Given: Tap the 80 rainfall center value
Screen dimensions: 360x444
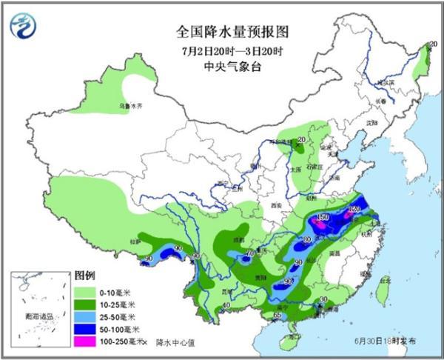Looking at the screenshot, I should click(x=307, y=240).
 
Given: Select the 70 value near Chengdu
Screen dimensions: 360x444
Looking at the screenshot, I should click(x=249, y=253).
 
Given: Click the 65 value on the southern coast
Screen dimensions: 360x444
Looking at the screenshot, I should click(x=277, y=316).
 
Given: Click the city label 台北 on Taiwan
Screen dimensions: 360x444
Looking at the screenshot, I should click(x=383, y=281).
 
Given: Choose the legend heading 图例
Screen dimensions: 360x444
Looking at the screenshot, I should click(x=84, y=273).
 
